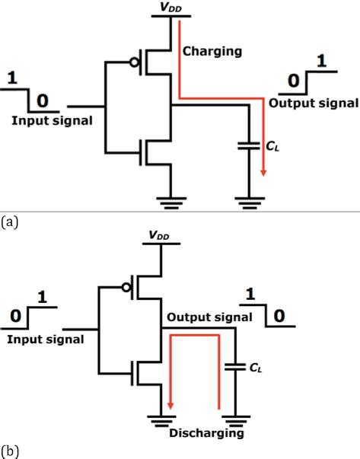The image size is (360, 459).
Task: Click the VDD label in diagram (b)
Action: pyautogui.click(x=161, y=238)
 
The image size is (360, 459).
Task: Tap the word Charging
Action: pyautogui.click(x=212, y=52)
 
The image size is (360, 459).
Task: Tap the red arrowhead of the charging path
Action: pyautogui.click(x=263, y=171)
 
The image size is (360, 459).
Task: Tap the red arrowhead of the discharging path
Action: pyautogui.click(x=170, y=404)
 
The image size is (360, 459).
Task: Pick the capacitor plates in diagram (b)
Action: pyautogui.click(x=234, y=369)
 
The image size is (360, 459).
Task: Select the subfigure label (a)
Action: pyautogui.click(x=9, y=222)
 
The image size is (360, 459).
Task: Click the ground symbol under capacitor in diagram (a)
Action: pyautogui.click(x=250, y=201)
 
